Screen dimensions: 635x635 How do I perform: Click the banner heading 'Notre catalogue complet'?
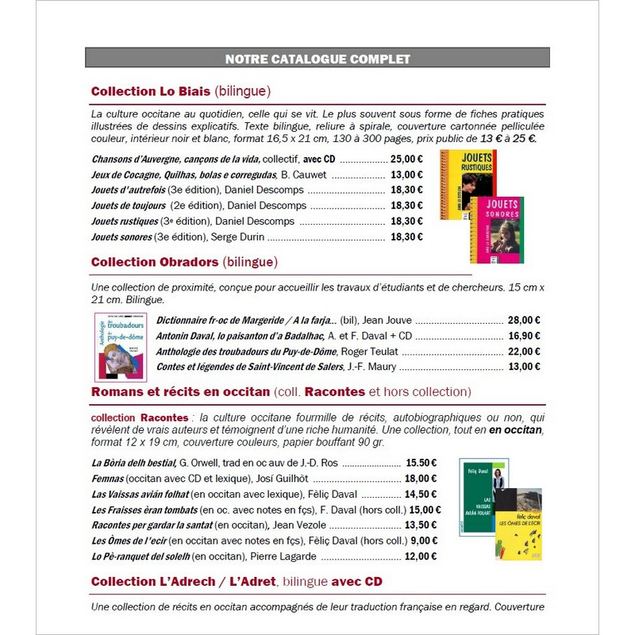point(317,59)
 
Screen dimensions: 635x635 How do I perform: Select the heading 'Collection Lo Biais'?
point(151,91)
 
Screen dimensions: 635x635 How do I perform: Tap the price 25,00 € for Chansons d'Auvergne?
point(406,159)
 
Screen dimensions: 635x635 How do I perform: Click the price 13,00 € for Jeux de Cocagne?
point(406,175)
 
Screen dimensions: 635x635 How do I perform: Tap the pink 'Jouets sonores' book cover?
point(498,230)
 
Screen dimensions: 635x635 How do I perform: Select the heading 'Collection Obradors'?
point(155,262)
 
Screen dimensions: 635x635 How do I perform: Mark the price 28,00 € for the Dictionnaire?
point(524,320)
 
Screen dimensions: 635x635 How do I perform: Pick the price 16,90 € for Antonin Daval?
point(524,336)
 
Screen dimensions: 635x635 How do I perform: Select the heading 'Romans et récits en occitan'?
point(180,392)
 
